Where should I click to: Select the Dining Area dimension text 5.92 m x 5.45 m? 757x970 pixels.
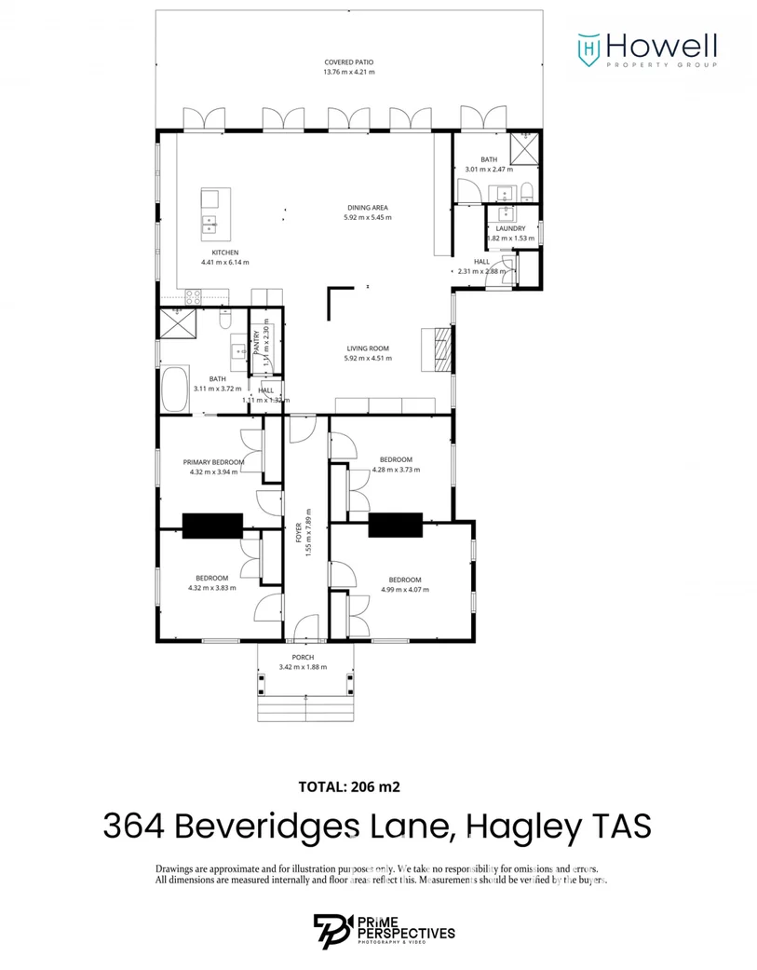[x=367, y=217]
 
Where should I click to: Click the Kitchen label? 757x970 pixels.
[x=225, y=253]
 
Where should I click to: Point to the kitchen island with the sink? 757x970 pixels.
[x=210, y=214]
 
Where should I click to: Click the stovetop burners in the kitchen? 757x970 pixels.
[x=193, y=296]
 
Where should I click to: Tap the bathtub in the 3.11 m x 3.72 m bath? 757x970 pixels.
[x=174, y=390]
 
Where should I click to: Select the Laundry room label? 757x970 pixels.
[x=510, y=228]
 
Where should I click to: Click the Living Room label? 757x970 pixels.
[x=367, y=348]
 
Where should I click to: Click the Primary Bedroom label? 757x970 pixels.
[x=213, y=462]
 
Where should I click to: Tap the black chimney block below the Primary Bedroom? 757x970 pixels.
[x=212, y=526]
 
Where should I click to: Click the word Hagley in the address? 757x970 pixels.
[x=529, y=826]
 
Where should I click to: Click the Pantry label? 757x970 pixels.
[x=257, y=334]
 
